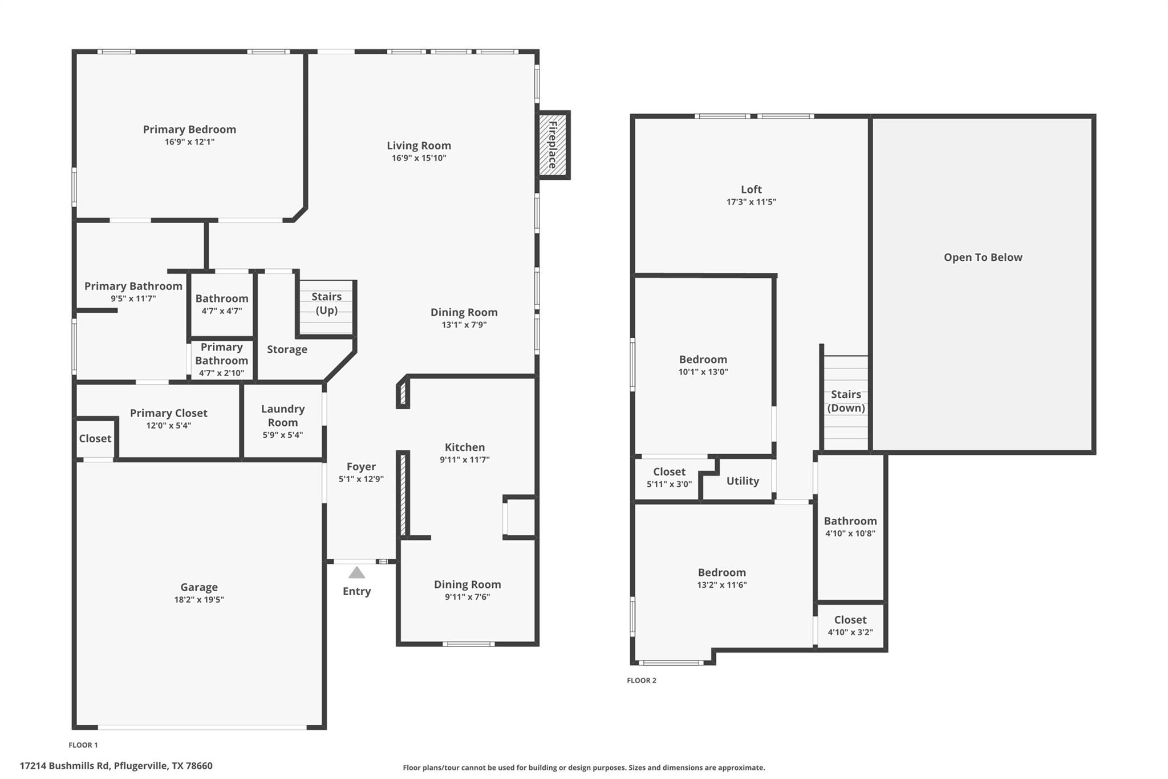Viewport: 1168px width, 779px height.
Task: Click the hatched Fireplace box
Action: [x=553, y=145]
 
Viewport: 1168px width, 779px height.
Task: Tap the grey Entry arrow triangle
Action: [x=356, y=572]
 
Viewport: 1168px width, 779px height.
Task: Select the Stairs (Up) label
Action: [x=326, y=303]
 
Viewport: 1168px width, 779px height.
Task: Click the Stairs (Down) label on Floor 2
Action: [x=846, y=401]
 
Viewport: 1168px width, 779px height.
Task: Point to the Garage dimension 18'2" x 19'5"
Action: [x=199, y=599]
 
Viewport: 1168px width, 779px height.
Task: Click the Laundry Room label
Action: [x=283, y=415]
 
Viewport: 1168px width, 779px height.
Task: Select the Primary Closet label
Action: [x=168, y=413]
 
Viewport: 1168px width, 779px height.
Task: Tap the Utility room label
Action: [x=743, y=481]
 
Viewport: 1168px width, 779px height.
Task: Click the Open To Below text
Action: [x=983, y=257]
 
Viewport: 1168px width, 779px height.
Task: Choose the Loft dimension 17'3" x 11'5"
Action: [x=751, y=201]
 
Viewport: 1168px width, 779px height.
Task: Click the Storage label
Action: [x=287, y=349]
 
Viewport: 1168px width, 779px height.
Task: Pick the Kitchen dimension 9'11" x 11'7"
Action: [x=464, y=459]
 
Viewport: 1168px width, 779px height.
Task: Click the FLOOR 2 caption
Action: [x=642, y=680]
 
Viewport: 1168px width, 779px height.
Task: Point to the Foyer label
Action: [x=361, y=466]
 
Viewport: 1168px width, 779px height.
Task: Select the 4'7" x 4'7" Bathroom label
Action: [x=221, y=298]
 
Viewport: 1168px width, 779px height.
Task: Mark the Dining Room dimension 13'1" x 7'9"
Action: [x=464, y=325]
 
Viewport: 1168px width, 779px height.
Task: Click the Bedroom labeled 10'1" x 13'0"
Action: [x=703, y=359]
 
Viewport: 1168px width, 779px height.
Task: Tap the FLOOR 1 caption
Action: [x=83, y=745]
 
